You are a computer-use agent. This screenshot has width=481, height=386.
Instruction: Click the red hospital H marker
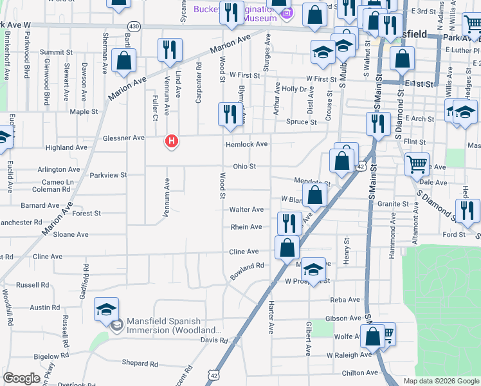coord(171,140)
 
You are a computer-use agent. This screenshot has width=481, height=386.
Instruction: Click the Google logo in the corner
coord(21,378)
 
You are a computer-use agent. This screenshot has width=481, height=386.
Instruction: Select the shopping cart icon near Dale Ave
coord(417,164)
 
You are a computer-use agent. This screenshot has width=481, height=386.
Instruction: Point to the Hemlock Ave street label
coord(246,145)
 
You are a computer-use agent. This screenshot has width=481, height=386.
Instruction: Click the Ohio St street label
coord(244,166)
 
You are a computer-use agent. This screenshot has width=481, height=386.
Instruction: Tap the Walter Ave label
coord(247,210)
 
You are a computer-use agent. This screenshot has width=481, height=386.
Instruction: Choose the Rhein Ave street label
coord(246,227)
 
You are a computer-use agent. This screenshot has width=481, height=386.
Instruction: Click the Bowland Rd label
coord(248,266)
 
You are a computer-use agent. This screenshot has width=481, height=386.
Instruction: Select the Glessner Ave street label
coord(123,138)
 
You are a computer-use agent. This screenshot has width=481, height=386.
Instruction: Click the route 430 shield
coord(134,26)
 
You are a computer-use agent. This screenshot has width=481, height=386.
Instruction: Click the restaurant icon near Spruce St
coord(229,114)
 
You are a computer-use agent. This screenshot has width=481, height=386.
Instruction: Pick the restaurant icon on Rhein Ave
coord(289,223)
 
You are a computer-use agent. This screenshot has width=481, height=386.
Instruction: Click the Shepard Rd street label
coord(135,363)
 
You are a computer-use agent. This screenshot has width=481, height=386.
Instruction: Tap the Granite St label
coord(393,204)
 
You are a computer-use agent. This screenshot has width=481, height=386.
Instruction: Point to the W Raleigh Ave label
coord(349,354)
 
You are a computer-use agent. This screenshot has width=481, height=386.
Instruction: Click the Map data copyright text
coord(440,381)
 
